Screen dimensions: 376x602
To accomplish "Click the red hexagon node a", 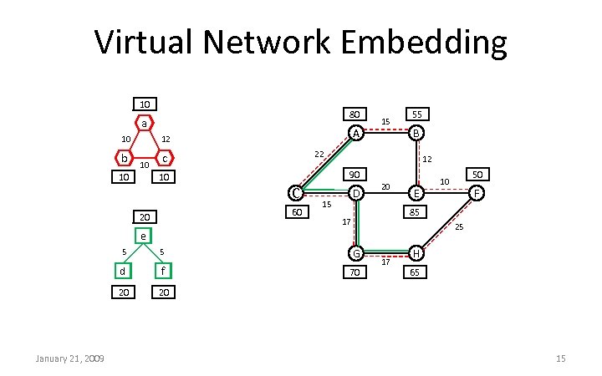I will coord(145,124).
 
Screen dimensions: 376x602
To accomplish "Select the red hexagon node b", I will coord(124,158).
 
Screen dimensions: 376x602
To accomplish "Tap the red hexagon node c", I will coord(166,158).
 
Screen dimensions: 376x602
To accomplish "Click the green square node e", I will coord(144,236).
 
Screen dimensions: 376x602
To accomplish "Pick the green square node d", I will coord(123,270).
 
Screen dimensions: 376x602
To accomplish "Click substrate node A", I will coord(355,134).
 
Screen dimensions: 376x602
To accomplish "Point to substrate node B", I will coord(416,134).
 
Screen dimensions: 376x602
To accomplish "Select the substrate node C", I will coord(294,194).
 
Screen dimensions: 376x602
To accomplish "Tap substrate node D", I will coord(355,194).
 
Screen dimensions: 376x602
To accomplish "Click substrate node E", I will coord(416,194).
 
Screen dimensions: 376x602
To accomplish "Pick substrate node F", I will coord(477,194).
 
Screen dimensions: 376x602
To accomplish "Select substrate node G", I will coord(355,253).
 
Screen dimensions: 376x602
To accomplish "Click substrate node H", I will coord(416,253).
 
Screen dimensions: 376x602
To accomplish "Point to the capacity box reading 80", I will coord(355,114).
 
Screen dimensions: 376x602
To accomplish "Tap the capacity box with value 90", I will coord(355,175).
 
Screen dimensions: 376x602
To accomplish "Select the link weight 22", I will coord(319,155).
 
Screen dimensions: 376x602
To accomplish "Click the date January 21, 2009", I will coord(69,358).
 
